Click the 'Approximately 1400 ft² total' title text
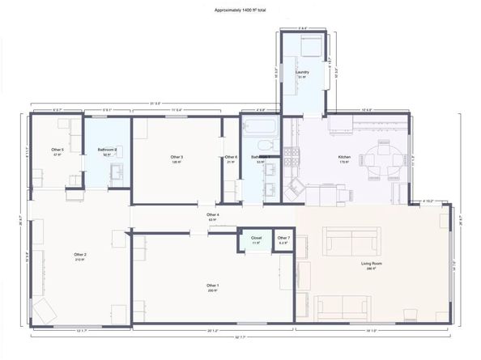(240, 11)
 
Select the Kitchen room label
(343, 157)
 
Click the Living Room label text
(371, 262)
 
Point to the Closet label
(256, 238)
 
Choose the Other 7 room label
(283, 238)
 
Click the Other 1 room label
(212, 285)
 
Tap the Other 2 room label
(79, 255)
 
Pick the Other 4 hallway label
(214, 214)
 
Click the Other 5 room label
(57, 150)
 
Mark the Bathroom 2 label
(108, 150)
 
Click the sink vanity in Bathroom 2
(116, 172)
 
